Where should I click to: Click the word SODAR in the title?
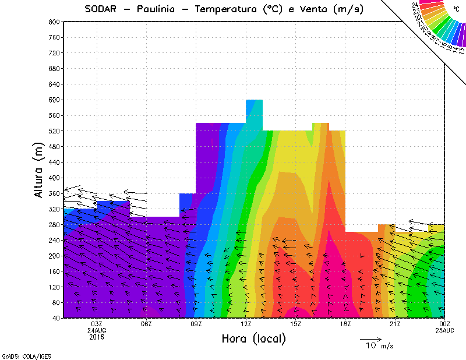tap(103, 9)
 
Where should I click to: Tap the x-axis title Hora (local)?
tap(254, 338)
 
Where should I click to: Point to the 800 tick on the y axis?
tap(54, 22)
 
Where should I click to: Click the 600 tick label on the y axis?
tap(54, 100)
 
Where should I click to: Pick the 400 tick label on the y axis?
tap(54, 178)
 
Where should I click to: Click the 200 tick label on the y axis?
tap(54, 256)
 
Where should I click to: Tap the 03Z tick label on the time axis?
tap(97, 324)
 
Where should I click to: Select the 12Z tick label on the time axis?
tap(246, 324)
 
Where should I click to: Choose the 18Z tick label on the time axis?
tap(345, 324)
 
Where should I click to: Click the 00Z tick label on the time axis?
tap(445, 324)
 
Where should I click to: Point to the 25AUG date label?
tap(445, 330)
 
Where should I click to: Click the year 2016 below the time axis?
tap(97, 337)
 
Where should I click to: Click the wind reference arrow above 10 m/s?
tap(370, 338)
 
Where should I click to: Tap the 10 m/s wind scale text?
tap(379, 346)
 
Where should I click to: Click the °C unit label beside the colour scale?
tap(456, 9)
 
